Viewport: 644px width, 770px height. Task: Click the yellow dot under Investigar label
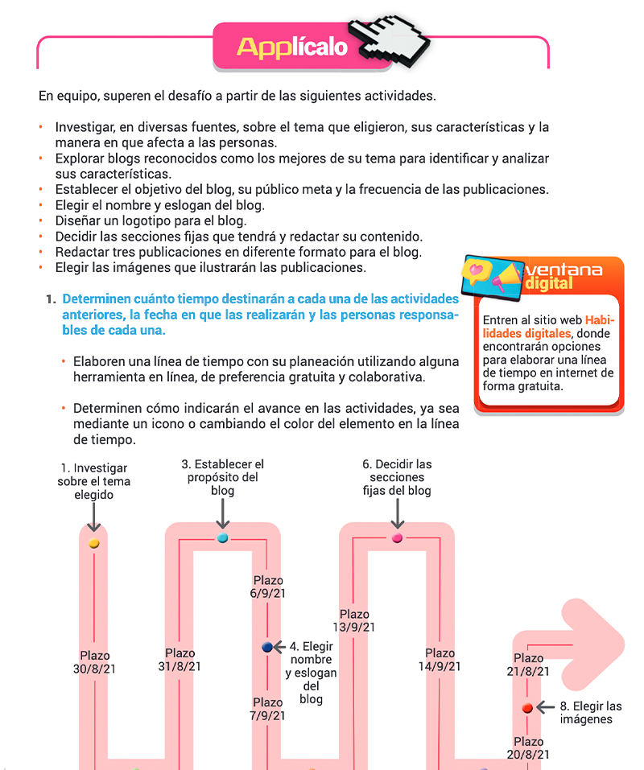94,543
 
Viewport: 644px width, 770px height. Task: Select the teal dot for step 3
222,537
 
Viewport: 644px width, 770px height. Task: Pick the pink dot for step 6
397,537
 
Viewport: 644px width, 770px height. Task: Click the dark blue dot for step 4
267,647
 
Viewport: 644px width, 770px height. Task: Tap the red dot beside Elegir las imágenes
527,708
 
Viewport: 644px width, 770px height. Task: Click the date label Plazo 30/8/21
95,662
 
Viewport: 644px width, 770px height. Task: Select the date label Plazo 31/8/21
180,660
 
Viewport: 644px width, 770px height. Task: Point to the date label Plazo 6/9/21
268,587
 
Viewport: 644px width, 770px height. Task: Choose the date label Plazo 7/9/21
267,709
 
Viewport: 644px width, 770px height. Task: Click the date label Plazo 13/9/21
354,620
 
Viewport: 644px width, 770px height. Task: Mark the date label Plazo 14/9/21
440,660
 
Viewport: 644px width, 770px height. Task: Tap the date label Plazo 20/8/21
528,747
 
